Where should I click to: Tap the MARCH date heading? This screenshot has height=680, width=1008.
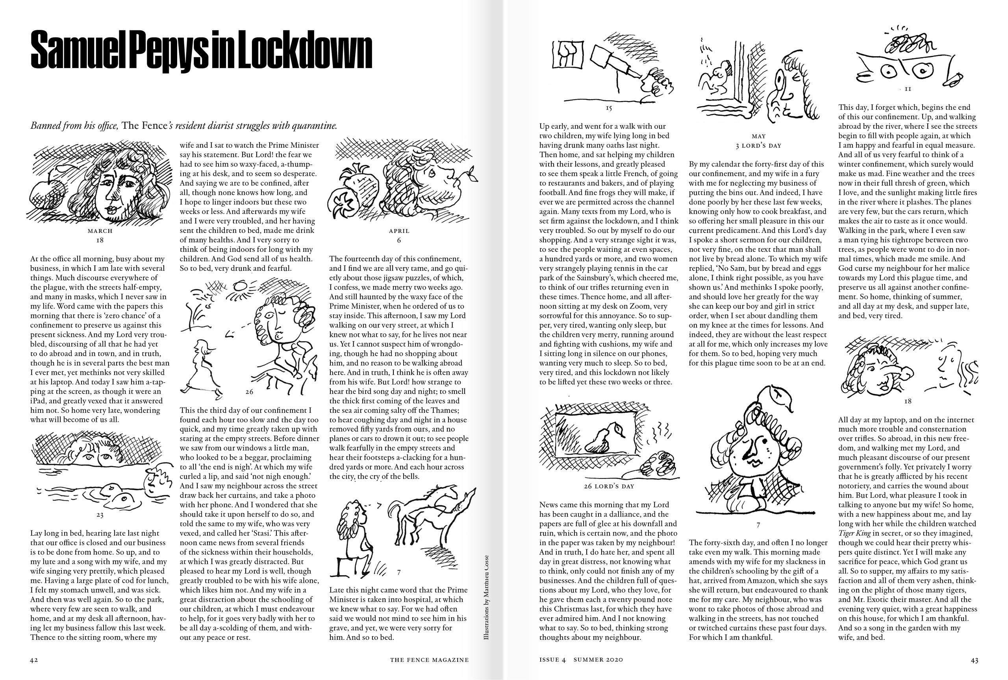(100, 231)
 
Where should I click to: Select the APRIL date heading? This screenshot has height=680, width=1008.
(399, 231)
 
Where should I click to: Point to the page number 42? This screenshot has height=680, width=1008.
(34, 660)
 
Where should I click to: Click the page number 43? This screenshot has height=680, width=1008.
(974, 660)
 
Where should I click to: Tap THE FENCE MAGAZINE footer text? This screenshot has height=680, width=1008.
(429, 660)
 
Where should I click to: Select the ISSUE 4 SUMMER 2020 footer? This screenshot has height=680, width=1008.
(581, 660)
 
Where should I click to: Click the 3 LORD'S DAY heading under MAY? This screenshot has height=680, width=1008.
(758, 146)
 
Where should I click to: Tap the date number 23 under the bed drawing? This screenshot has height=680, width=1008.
(100, 515)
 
